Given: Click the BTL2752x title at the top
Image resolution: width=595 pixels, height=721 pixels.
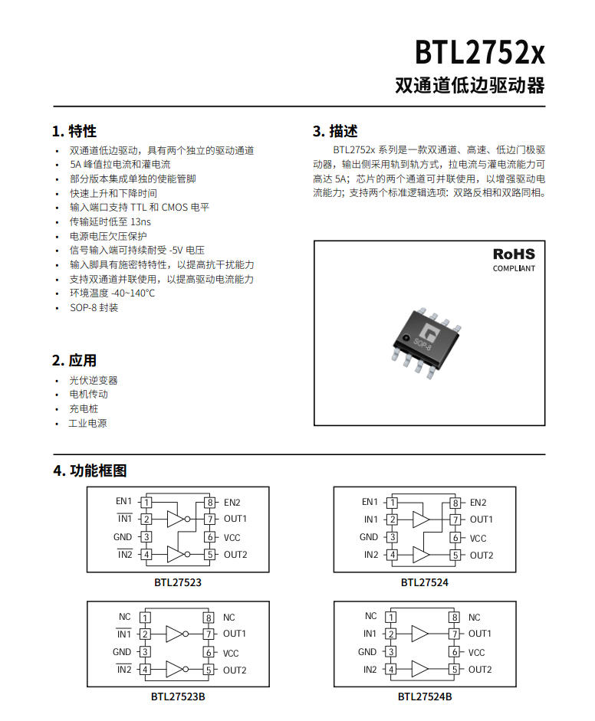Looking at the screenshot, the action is click(480, 52).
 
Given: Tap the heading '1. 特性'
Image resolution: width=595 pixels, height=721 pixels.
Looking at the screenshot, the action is click(74, 132).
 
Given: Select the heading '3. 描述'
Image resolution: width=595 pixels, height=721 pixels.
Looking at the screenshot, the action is click(335, 132).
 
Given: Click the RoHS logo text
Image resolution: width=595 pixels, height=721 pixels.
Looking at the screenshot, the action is click(514, 254).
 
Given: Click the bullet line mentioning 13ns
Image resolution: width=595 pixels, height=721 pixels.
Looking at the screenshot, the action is click(110, 221).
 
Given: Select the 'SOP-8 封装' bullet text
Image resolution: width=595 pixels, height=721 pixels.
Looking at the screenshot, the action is click(94, 307).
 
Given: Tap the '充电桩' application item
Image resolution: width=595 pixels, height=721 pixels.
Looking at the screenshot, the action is click(84, 409).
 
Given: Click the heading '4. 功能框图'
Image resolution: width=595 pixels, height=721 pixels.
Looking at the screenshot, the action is click(90, 470).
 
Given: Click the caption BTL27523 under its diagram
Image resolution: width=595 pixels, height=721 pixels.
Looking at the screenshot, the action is click(178, 582).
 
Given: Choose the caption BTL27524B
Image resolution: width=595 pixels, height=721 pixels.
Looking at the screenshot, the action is click(425, 696).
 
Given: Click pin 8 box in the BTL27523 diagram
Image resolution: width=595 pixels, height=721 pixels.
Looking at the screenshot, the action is click(210, 502).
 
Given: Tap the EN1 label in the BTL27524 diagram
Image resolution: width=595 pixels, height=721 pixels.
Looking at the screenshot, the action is click(370, 502).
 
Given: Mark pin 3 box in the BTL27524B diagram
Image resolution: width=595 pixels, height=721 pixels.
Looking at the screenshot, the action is click(391, 651).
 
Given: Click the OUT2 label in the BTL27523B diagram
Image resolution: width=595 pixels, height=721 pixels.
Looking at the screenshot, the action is click(235, 670).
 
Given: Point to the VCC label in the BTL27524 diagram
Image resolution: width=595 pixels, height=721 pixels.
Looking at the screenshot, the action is click(478, 539).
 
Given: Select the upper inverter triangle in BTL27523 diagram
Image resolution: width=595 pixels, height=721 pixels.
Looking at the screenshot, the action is click(176, 519).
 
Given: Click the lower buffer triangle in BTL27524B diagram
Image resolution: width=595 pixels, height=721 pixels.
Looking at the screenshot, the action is click(419, 670).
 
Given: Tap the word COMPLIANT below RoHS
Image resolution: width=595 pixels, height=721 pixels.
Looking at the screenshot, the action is click(514, 268).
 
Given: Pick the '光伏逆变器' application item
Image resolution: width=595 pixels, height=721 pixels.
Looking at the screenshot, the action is click(94, 380).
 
